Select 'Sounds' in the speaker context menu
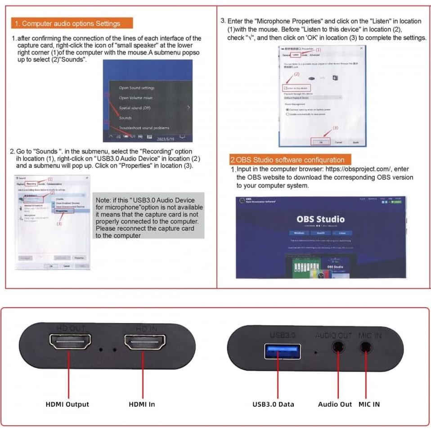[125, 118]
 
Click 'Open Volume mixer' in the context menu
[135, 98]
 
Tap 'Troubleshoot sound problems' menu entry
[144, 128]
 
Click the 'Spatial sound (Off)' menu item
[135, 108]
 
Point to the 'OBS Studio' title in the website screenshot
[320, 219]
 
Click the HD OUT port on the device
[70, 343]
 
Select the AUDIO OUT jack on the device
[338, 347]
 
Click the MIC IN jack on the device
[367, 347]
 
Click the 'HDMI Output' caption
[67, 404]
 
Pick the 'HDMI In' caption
[142, 404]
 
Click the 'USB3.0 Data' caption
[273, 404]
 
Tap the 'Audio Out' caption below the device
[335, 404]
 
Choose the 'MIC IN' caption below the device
[369, 404]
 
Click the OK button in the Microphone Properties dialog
[321, 142]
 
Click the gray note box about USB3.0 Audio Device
[149, 215]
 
